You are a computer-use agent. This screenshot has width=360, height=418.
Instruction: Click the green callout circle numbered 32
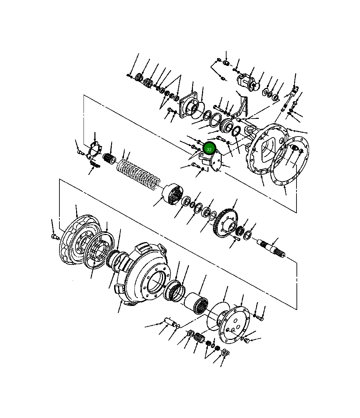click(209, 149)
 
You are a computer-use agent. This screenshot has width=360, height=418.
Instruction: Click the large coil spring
click(138, 174)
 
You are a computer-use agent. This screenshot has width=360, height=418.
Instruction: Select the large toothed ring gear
click(225, 223)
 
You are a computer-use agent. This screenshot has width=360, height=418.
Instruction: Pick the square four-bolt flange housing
click(188, 105)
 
